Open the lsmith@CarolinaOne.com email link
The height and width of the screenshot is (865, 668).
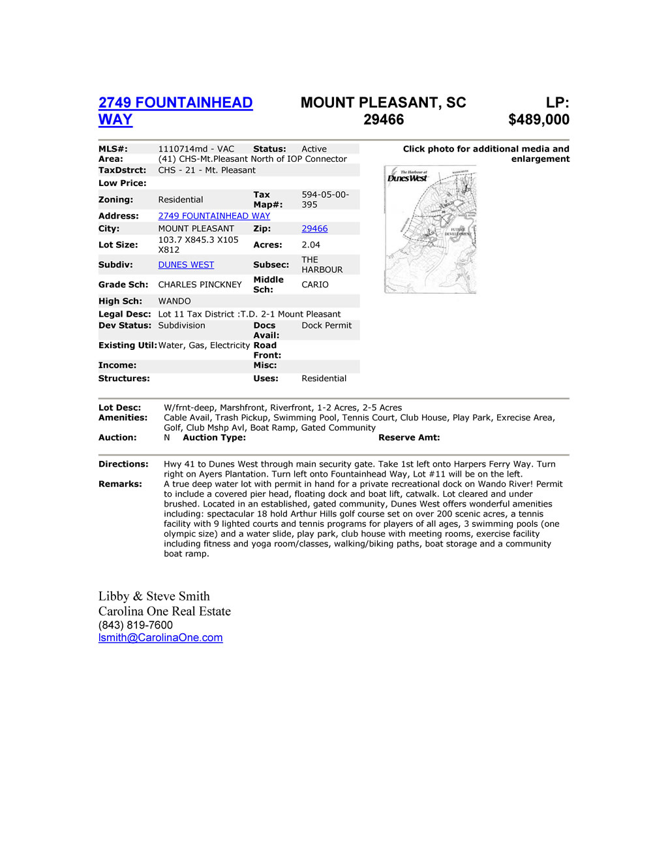click(160, 638)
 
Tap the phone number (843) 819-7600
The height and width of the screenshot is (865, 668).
click(136, 625)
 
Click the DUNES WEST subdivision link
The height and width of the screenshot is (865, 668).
click(186, 265)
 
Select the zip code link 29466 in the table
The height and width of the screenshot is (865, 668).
click(314, 229)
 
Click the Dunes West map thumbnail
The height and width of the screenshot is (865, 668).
click(431, 230)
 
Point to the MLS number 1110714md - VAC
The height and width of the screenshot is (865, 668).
click(196, 149)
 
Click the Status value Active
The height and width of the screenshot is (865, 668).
click(314, 149)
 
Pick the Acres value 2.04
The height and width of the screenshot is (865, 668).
click(311, 245)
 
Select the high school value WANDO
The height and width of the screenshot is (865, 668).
click(174, 302)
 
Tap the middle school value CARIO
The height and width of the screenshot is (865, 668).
click(315, 285)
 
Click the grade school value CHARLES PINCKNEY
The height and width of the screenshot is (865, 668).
click(200, 285)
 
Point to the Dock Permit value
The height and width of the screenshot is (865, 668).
click(326, 326)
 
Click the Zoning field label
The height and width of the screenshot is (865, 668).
click(115, 200)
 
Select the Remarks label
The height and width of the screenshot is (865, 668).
click(120, 484)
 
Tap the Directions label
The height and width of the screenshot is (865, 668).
click(123, 464)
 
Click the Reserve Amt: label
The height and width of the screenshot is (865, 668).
click(409, 438)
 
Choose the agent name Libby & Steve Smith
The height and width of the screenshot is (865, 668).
click(154, 596)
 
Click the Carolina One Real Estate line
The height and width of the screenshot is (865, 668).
click(164, 611)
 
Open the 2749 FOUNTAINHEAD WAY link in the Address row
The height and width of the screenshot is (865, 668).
click(214, 216)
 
